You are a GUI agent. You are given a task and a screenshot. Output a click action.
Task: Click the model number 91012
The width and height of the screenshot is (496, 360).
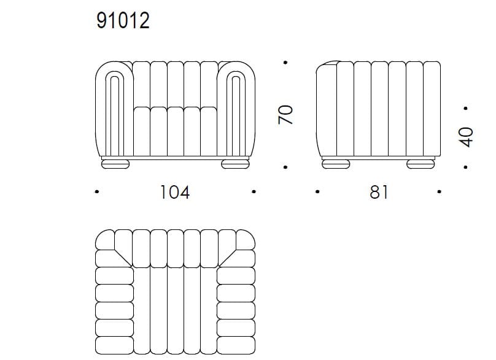[x=123, y=21]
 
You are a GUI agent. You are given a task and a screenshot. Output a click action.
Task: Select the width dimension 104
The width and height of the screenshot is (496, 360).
[x=175, y=192]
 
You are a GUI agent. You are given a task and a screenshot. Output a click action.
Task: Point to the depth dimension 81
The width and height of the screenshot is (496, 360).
[x=379, y=192]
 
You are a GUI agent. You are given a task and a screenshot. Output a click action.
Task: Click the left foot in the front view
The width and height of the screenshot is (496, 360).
[x=115, y=163]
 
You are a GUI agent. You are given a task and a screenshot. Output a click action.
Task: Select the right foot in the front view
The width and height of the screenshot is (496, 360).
[x=235, y=163]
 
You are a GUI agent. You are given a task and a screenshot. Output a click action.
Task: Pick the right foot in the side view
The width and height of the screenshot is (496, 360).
[x=422, y=163]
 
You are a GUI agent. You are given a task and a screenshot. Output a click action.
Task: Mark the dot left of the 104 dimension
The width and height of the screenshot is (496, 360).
[x=98, y=192]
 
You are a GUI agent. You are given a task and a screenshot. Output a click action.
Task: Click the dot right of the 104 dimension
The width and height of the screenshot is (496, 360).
[x=254, y=192]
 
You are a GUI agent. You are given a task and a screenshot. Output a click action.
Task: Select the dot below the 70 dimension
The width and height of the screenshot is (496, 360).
[x=286, y=167]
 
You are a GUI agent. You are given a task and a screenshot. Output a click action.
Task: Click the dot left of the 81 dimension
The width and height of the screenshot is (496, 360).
[x=317, y=192]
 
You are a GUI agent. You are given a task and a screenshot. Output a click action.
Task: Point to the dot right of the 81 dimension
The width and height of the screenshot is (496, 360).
[x=440, y=192]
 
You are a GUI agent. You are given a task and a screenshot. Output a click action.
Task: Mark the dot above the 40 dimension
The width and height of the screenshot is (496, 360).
[x=466, y=109]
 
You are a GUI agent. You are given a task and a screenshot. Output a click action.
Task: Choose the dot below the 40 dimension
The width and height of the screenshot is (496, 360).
[x=466, y=167]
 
